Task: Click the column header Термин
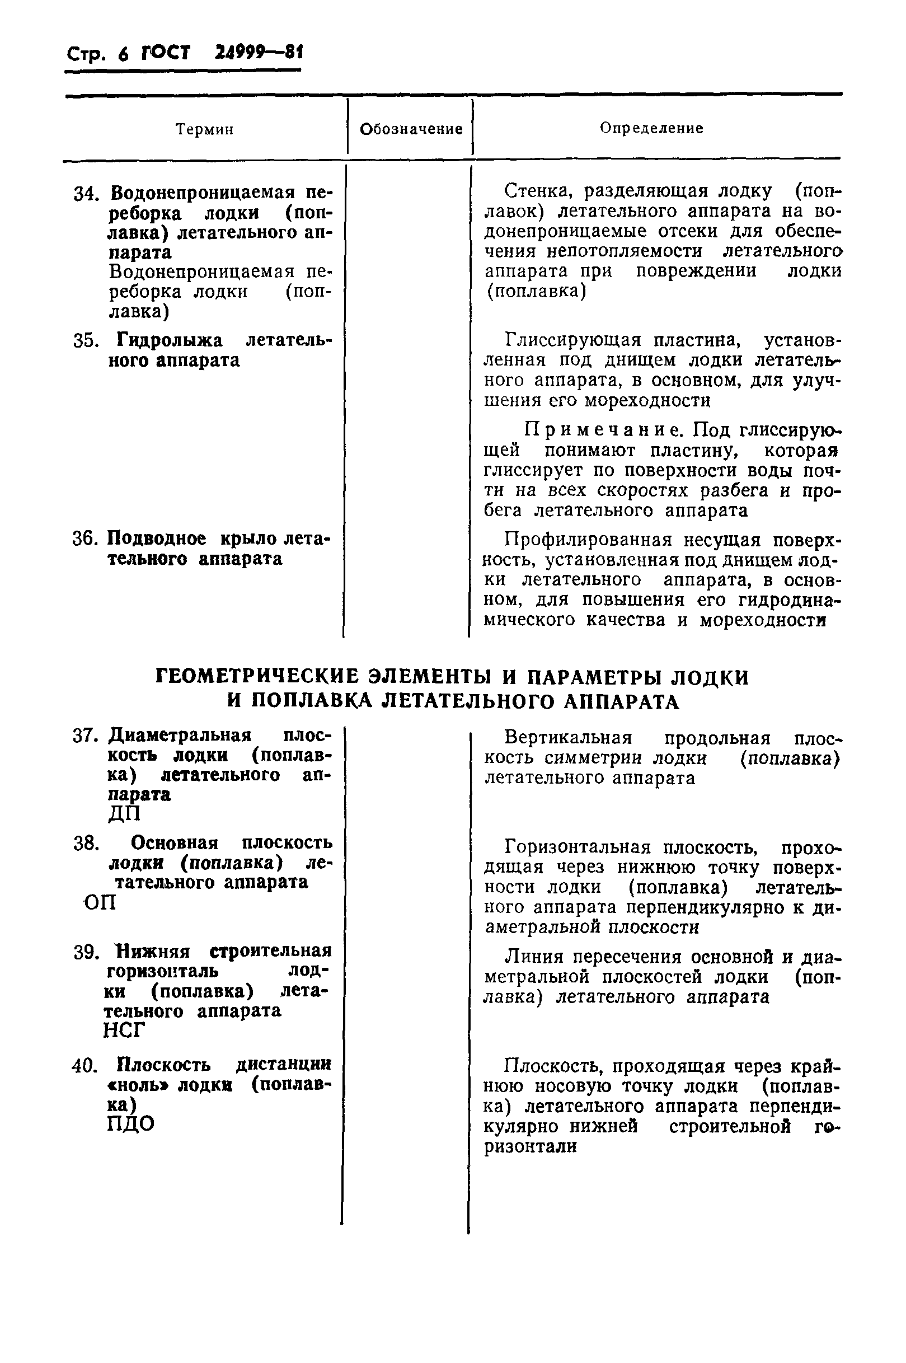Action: coord(205,129)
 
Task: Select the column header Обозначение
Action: coord(411,129)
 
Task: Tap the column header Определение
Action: coord(651,128)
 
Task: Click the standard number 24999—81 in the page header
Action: coord(259,53)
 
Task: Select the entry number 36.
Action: coord(86,538)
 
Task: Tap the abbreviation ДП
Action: coord(124,814)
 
